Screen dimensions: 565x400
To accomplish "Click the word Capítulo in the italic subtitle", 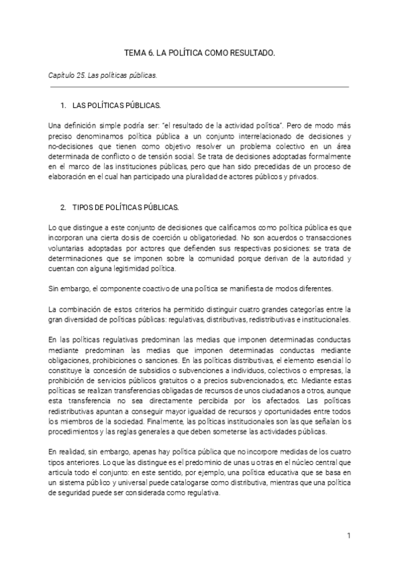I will (x=61, y=75).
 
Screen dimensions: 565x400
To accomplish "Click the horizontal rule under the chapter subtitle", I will (x=199, y=86).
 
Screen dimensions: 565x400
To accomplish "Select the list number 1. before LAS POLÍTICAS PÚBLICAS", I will (x=63, y=106).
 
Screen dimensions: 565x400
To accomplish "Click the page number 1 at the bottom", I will (x=349, y=535).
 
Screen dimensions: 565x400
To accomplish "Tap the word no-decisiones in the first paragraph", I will (x=70, y=143).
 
